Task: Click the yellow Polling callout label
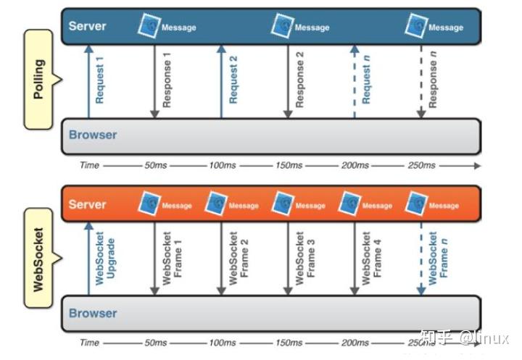click(x=38, y=79)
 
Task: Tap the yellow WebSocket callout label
click(x=38, y=259)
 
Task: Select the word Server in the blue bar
click(x=87, y=26)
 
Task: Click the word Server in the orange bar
click(x=87, y=204)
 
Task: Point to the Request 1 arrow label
click(x=99, y=80)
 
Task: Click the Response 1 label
click(x=167, y=80)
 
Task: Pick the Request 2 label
click(x=233, y=80)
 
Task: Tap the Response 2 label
click(x=299, y=80)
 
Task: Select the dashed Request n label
click(x=366, y=80)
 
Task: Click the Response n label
click(x=432, y=80)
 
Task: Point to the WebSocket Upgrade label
click(x=105, y=258)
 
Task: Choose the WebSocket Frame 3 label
click(x=305, y=258)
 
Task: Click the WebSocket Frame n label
click(x=438, y=258)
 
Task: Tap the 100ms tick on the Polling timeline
click(x=223, y=165)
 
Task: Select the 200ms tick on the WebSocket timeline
click(x=355, y=343)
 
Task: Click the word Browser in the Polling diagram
click(x=93, y=135)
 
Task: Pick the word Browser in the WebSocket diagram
click(x=93, y=313)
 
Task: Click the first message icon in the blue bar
click(x=149, y=25)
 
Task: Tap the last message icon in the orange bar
click(x=416, y=204)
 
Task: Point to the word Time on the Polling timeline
click(x=90, y=165)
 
